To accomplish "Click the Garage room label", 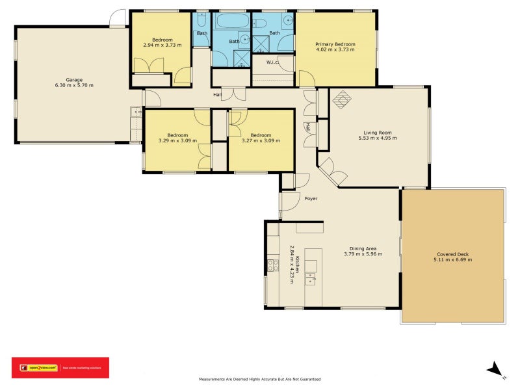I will click(x=74, y=79).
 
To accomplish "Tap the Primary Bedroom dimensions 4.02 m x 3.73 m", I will click(x=335, y=49).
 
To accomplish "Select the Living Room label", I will click(x=377, y=132).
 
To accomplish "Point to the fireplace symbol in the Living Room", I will click(x=342, y=99).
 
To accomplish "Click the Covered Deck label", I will click(x=452, y=253).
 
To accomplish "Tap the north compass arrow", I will click(x=496, y=369).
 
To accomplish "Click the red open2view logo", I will click(x=60, y=368).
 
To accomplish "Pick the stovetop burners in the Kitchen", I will click(x=273, y=265).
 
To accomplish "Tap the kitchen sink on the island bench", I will click(x=311, y=279).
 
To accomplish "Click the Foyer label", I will click(x=311, y=198).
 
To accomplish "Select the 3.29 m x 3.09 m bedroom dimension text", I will click(x=177, y=140).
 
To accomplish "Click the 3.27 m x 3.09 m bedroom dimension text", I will click(x=261, y=140).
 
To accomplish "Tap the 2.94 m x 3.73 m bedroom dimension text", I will click(x=162, y=45).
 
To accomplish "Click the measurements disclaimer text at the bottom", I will click(x=259, y=379).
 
